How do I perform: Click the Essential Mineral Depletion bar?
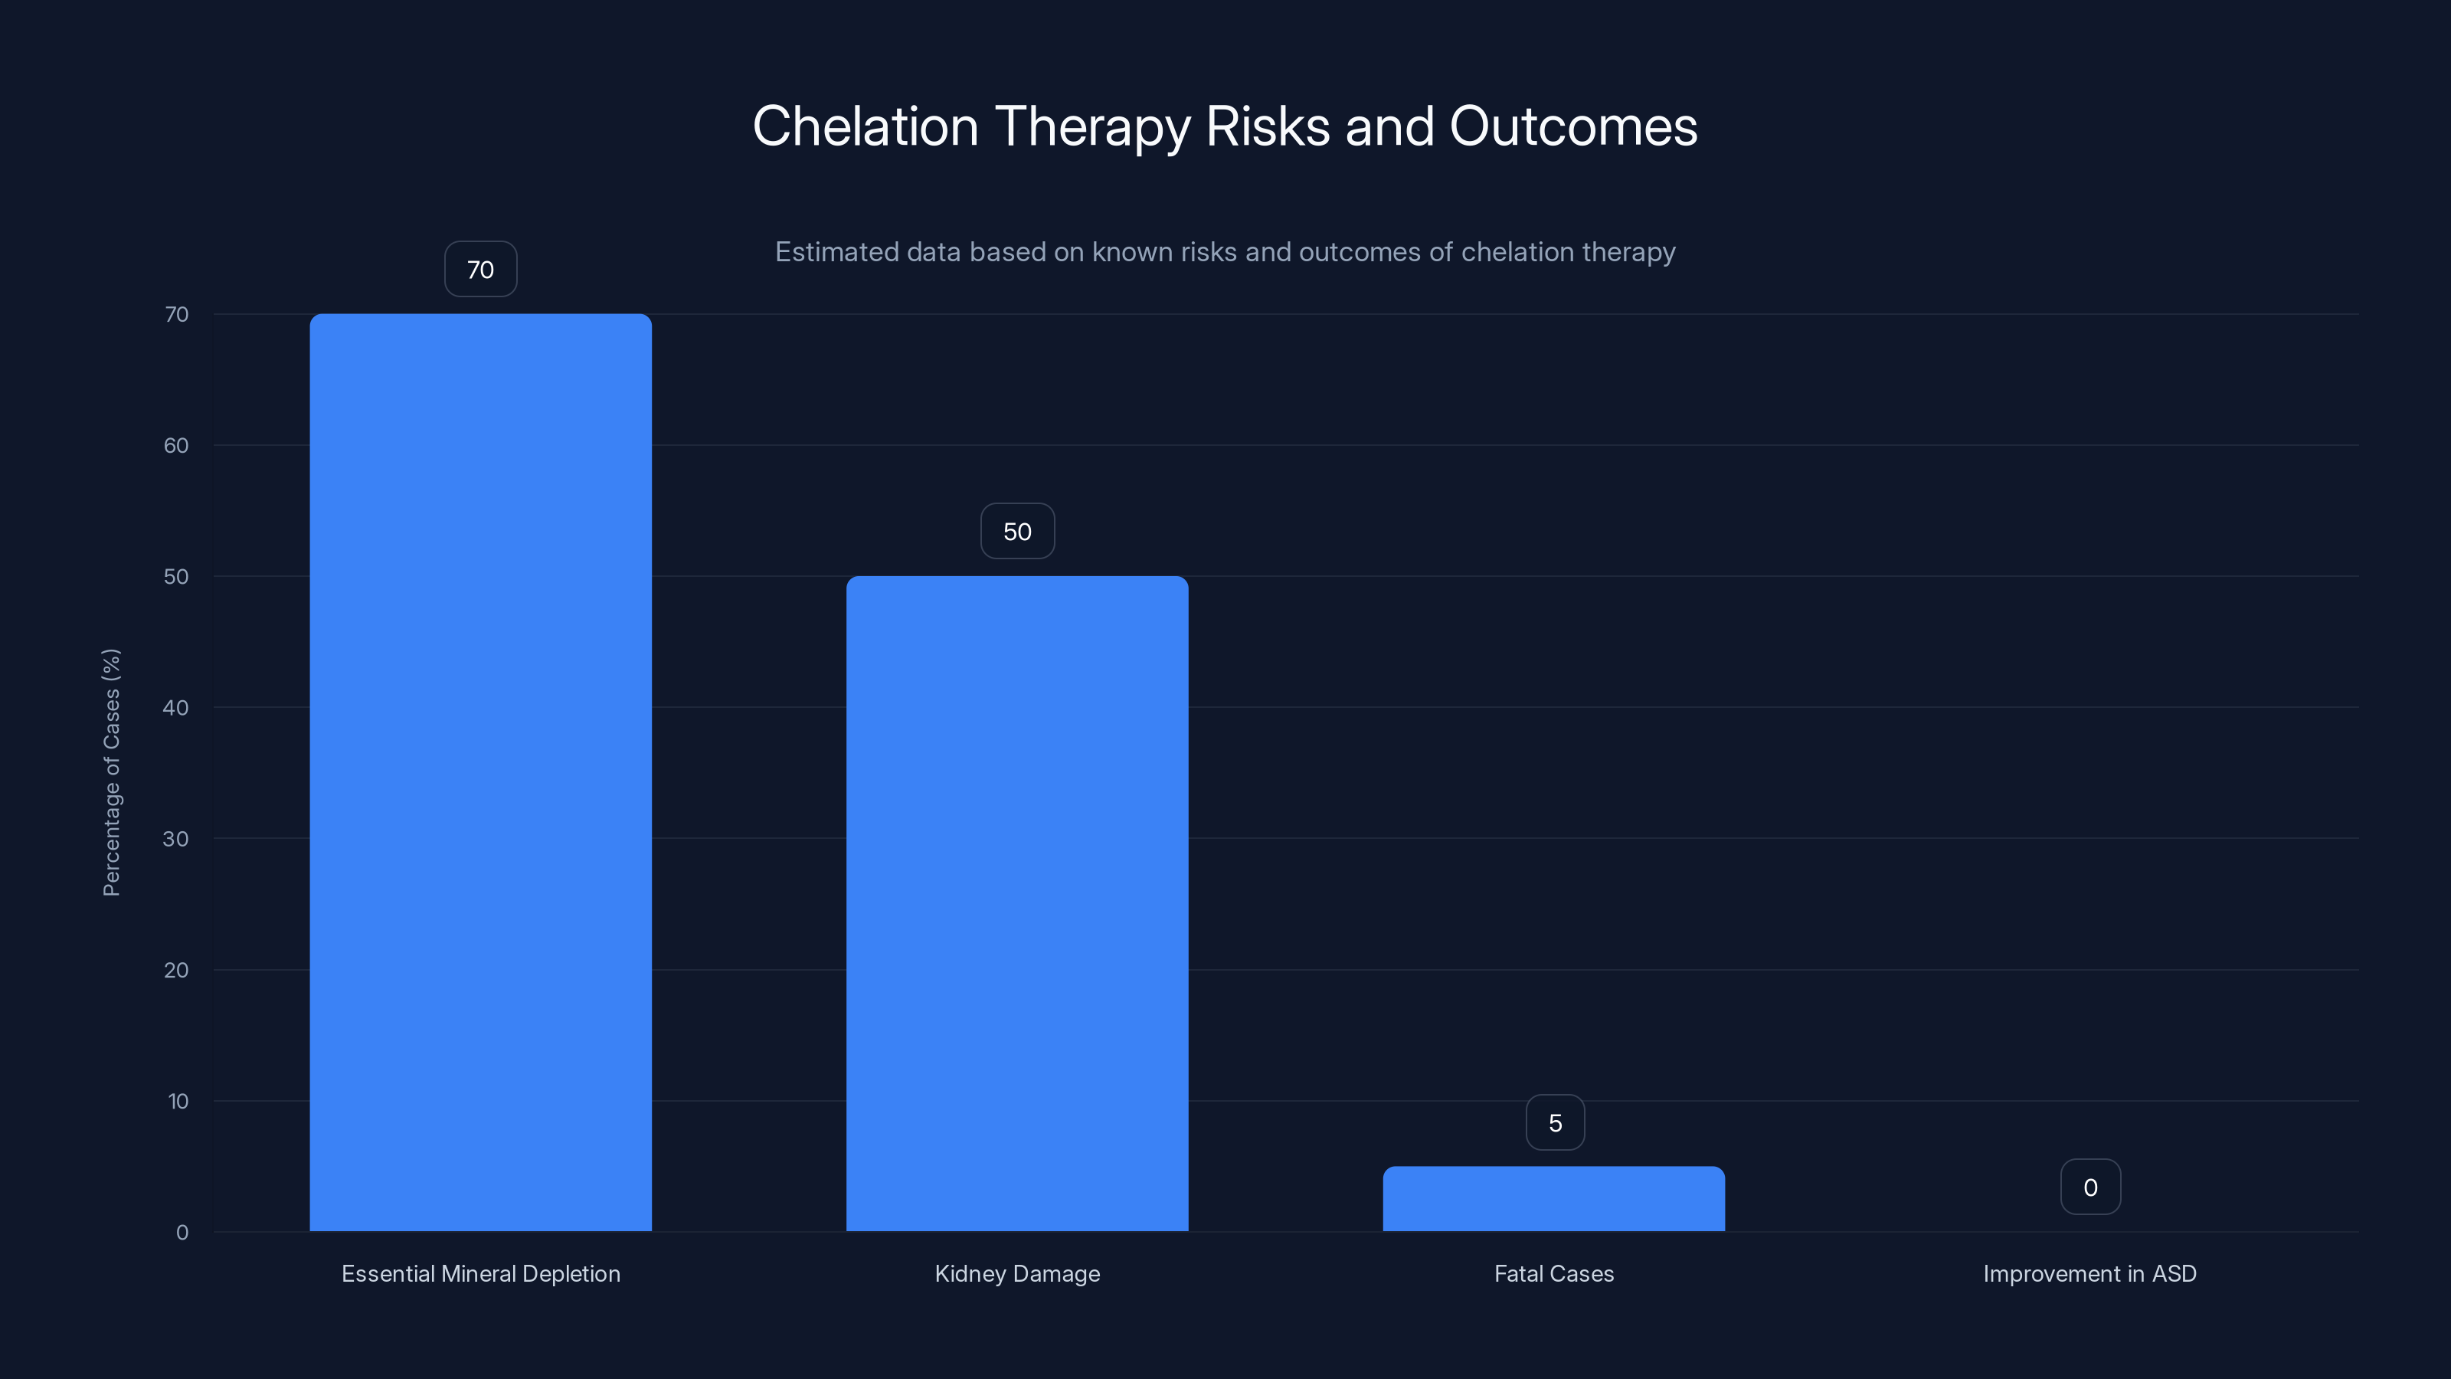[480, 771]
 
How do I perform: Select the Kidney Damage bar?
[1017, 903]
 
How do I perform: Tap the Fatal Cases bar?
[1554, 1198]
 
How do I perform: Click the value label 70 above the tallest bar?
[480, 270]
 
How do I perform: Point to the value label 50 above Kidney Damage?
[1017, 531]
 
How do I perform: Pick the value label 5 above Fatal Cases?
[1555, 1123]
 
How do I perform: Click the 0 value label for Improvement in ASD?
[2090, 1187]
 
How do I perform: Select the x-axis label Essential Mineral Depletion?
[480, 1273]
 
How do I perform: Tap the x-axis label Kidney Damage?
[1017, 1273]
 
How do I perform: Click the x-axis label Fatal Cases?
[1554, 1273]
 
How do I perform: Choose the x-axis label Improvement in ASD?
[2089, 1273]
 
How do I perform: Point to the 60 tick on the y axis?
[176, 445]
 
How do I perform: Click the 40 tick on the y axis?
[176, 707]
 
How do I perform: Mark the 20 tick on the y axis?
[176, 970]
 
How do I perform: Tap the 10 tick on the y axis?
[178, 1101]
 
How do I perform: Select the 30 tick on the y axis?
[176, 838]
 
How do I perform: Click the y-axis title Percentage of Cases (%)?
[111, 771]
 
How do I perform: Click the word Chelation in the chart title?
[865, 126]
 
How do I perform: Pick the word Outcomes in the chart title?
[1572, 126]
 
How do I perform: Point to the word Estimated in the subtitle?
[836, 252]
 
